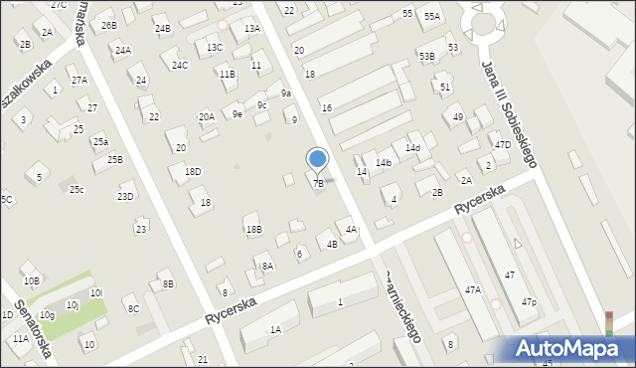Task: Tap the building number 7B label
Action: tap(318, 183)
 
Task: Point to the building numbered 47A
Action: tap(473, 289)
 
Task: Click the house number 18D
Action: tap(193, 171)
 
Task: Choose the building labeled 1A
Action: tap(275, 329)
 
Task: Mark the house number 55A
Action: tap(431, 17)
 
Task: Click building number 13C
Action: tap(215, 48)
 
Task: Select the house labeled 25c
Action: tap(77, 190)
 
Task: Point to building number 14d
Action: tap(412, 148)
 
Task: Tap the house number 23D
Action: tap(125, 196)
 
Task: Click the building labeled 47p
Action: tap(530, 302)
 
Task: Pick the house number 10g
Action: tap(47, 315)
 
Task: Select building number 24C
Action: tap(180, 66)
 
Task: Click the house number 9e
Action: tap(238, 114)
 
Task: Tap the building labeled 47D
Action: tap(503, 144)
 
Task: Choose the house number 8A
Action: tap(267, 266)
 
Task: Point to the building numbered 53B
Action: tap(426, 57)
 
